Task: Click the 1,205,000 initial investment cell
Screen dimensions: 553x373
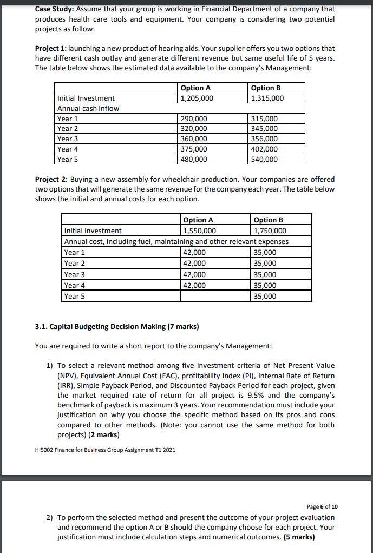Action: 197,98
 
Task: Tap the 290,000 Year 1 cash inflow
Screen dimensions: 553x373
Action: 194,119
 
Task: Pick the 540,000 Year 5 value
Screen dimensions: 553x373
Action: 265,159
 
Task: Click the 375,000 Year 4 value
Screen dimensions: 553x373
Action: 194,149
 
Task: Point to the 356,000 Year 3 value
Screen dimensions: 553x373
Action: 265,139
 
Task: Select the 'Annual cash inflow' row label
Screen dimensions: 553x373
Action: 88,108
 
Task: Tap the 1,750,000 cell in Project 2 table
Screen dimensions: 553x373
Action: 270,231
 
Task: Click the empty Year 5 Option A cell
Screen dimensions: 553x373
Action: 215,296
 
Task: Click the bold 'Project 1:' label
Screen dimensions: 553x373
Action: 51,49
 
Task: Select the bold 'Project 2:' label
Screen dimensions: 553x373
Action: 51,179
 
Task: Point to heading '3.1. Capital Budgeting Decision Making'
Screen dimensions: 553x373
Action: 116,327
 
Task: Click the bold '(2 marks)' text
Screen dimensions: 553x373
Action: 102,435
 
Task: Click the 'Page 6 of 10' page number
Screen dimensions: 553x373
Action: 322,506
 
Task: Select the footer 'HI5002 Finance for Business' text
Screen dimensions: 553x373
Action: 104,450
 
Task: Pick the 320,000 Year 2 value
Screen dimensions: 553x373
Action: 194,129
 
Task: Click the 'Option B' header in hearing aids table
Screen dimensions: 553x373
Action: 267,88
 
